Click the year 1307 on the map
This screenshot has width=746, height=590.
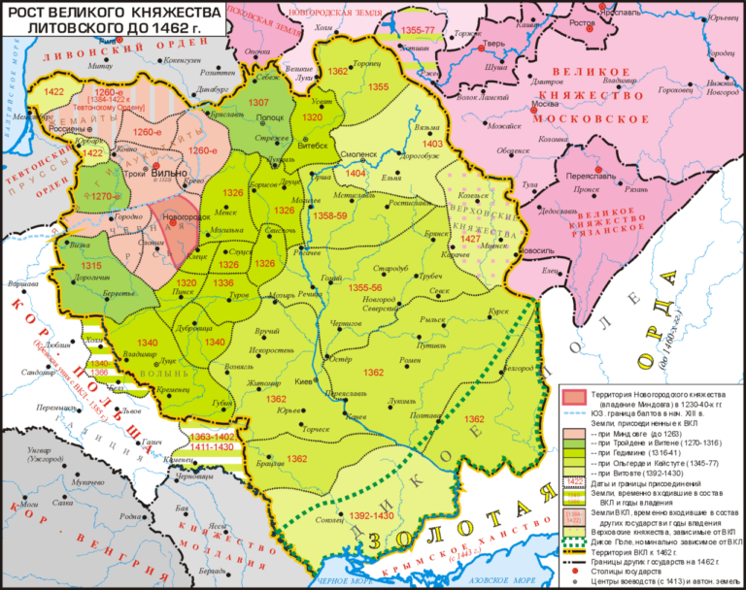[x=258, y=102]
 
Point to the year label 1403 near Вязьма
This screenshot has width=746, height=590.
[x=433, y=144]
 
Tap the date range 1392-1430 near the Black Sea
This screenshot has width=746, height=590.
[x=372, y=515]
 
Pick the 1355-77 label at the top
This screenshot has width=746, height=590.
[x=416, y=31]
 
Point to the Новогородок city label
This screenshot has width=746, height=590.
[x=188, y=215]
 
